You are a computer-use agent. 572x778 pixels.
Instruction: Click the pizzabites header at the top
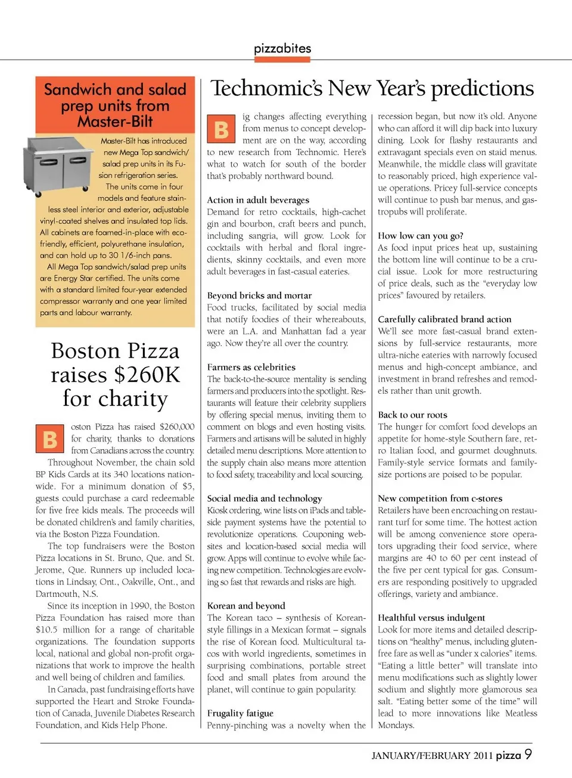coord(282,48)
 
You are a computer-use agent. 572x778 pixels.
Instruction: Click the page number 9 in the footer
coord(528,754)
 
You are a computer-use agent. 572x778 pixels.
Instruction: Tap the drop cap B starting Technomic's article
coord(221,129)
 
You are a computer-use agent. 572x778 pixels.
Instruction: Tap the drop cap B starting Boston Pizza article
coord(50,440)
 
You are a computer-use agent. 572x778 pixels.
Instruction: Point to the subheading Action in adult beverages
coord(258,200)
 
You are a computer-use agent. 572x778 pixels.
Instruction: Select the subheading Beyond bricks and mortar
coord(259,295)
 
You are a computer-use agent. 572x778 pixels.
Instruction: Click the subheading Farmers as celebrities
coord(251,367)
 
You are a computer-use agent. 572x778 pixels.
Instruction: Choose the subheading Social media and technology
coord(264,498)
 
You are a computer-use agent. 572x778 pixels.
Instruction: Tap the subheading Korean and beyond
coord(246,605)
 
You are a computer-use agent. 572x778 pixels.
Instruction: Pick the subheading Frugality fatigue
coord(240,713)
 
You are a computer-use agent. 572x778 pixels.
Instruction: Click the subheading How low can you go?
coord(420,236)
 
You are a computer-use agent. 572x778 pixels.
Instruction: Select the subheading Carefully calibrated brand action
coord(444,319)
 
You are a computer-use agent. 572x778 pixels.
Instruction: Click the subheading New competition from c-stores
coord(440,498)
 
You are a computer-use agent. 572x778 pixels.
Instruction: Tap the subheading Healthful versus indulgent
coord(431,618)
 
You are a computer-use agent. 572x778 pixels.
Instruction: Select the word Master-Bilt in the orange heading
coord(115,122)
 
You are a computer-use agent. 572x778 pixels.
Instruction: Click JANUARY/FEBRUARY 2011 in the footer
coord(432,756)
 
